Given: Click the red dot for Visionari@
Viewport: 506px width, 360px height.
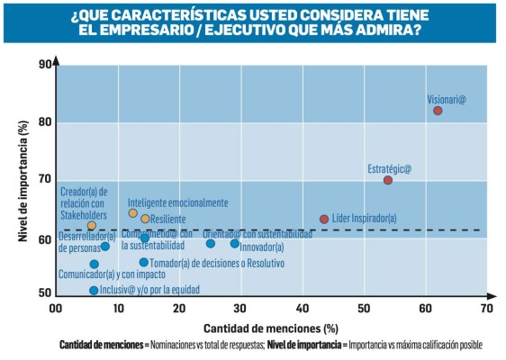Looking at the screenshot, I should [x=438, y=111].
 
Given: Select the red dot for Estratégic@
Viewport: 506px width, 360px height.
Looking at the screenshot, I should [x=388, y=180].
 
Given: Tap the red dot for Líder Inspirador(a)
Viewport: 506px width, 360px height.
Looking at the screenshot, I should [x=324, y=219].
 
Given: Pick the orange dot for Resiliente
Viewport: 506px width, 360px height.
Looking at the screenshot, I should [x=145, y=219].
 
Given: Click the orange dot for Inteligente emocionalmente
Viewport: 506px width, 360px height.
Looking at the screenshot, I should [x=133, y=213].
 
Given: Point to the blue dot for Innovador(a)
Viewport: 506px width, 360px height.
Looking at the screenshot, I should [x=235, y=244].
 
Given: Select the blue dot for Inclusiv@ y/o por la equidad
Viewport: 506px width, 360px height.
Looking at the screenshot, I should [x=94, y=290].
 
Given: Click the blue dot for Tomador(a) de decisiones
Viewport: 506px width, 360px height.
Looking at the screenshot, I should [x=143, y=263].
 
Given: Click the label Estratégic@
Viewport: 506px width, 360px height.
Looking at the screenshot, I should [x=389, y=168].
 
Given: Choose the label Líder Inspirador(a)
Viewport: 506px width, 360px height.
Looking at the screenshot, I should [x=364, y=219].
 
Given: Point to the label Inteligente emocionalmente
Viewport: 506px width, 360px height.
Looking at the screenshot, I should [x=177, y=202].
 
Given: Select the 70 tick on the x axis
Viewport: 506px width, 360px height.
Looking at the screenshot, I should [x=486, y=308].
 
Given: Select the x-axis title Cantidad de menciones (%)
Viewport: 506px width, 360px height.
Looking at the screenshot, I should [x=270, y=327].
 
